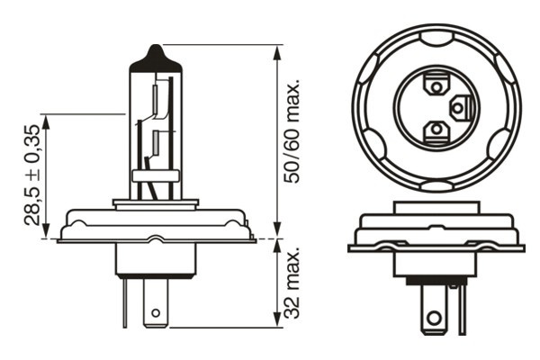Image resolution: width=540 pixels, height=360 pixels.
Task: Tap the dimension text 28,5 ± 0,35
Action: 32,176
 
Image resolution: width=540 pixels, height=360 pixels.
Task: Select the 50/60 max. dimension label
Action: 291,131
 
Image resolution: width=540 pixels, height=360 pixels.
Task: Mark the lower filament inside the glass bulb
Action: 157,142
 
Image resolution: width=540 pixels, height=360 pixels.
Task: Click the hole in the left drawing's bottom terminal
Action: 157,314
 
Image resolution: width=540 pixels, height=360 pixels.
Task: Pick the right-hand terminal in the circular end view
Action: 458,109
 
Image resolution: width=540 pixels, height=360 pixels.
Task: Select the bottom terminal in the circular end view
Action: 436,130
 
